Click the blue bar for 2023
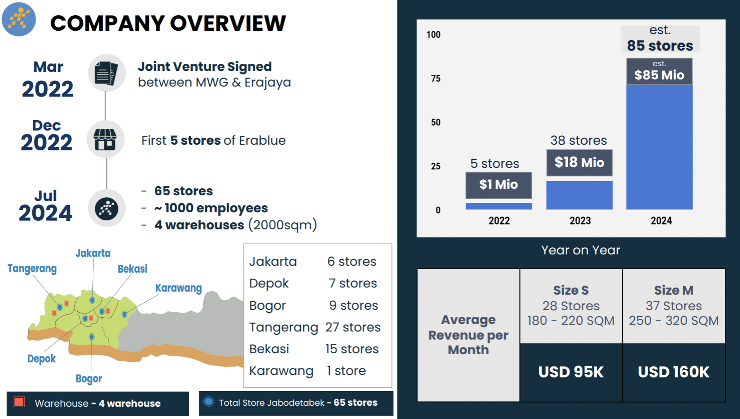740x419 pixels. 579,195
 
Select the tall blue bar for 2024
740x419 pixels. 659,147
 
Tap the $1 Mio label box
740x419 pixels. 499,185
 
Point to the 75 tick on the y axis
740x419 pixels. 435,79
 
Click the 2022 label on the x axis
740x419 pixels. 499,221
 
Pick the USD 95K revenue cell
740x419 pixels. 571,372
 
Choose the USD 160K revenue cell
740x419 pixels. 674,372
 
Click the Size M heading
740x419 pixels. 674,290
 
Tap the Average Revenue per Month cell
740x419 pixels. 468,335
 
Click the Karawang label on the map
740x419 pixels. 178,288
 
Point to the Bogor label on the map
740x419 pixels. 89,379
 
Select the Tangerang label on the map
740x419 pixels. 32,269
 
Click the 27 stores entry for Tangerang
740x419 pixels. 352,327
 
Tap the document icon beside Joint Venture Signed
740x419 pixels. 106,73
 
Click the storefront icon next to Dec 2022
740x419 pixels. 106,140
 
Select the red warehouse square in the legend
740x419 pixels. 19,402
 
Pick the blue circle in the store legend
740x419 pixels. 208,402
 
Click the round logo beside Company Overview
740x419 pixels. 19,19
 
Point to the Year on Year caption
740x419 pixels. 581,250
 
